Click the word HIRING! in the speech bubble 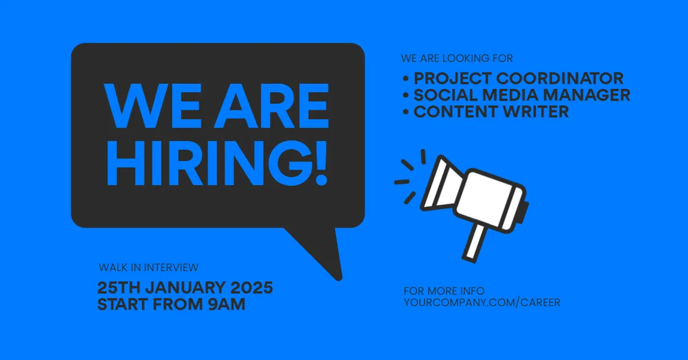[217, 163]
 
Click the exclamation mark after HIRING [321, 163]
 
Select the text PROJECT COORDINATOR [519, 78]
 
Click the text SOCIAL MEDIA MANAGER [522, 95]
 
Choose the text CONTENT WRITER [491, 111]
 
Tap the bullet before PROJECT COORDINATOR [406, 79]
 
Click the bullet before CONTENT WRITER [406, 112]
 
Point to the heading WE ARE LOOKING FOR [457, 58]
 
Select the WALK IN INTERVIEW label [149, 268]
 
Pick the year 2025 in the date [251, 288]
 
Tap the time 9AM [226, 304]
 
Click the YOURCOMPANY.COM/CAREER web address [482, 303]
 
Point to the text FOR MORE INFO [444, 291]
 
